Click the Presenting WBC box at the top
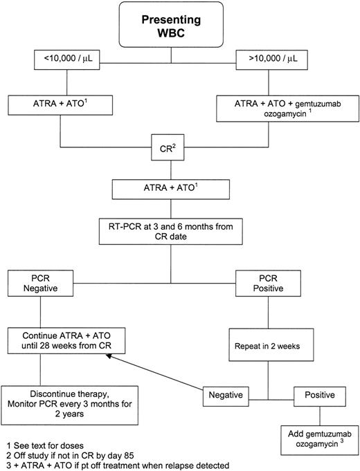tap(180, 27)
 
